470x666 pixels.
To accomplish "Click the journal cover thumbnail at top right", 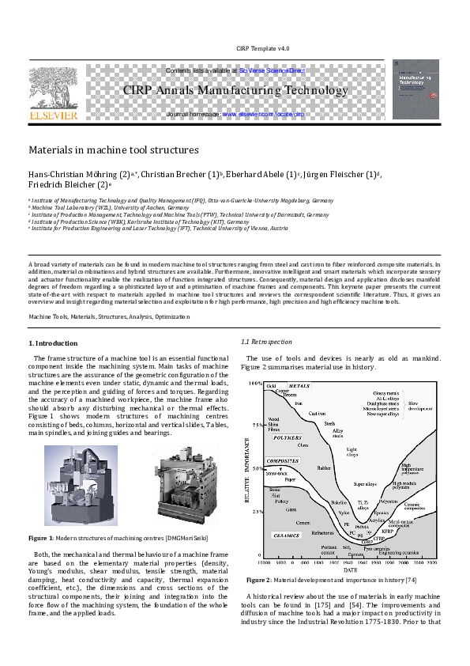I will click(416, 89).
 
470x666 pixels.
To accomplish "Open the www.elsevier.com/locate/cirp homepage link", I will click(263, 115).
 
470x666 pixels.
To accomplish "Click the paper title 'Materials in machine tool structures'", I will click(113, 149).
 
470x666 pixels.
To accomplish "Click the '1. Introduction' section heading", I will click(54, 343).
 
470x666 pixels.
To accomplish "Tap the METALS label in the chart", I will click(299, 386).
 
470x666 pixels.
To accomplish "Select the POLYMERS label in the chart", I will click(288, 437).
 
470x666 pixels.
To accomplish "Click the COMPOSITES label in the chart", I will click(283, 460).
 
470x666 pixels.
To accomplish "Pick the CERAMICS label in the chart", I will click(288, 535).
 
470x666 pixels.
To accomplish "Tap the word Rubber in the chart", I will click(324, 467).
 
